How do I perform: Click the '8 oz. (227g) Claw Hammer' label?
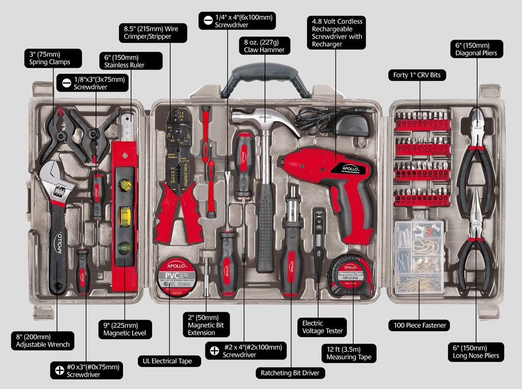264,45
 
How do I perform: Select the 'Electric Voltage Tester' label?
323,327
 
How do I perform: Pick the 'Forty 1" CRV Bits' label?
417,75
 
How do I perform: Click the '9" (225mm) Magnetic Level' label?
124,328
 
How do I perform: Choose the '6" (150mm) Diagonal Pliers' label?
476,49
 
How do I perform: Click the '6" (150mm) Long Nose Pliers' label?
476,352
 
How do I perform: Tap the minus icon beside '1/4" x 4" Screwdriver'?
207,21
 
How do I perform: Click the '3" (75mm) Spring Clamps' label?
52,58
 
